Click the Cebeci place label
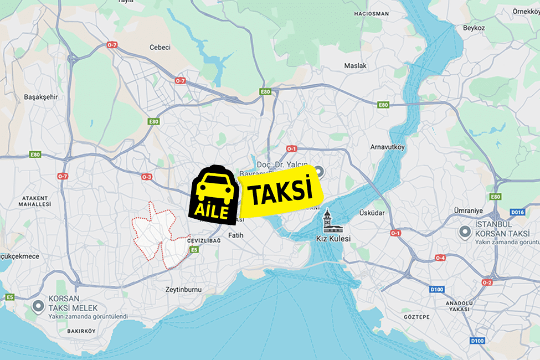coord(160,48)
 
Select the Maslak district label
coord(355,65)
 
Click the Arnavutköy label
coord(388,147)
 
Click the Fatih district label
coord(236,235)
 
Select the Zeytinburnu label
coord(183,289)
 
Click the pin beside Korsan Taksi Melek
coord(38,305)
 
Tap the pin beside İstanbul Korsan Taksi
coord(465,233)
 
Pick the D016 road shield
coord(517,212)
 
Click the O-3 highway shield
coord(146,177)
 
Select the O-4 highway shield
coord(440,258)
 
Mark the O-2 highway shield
coord(487,282)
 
